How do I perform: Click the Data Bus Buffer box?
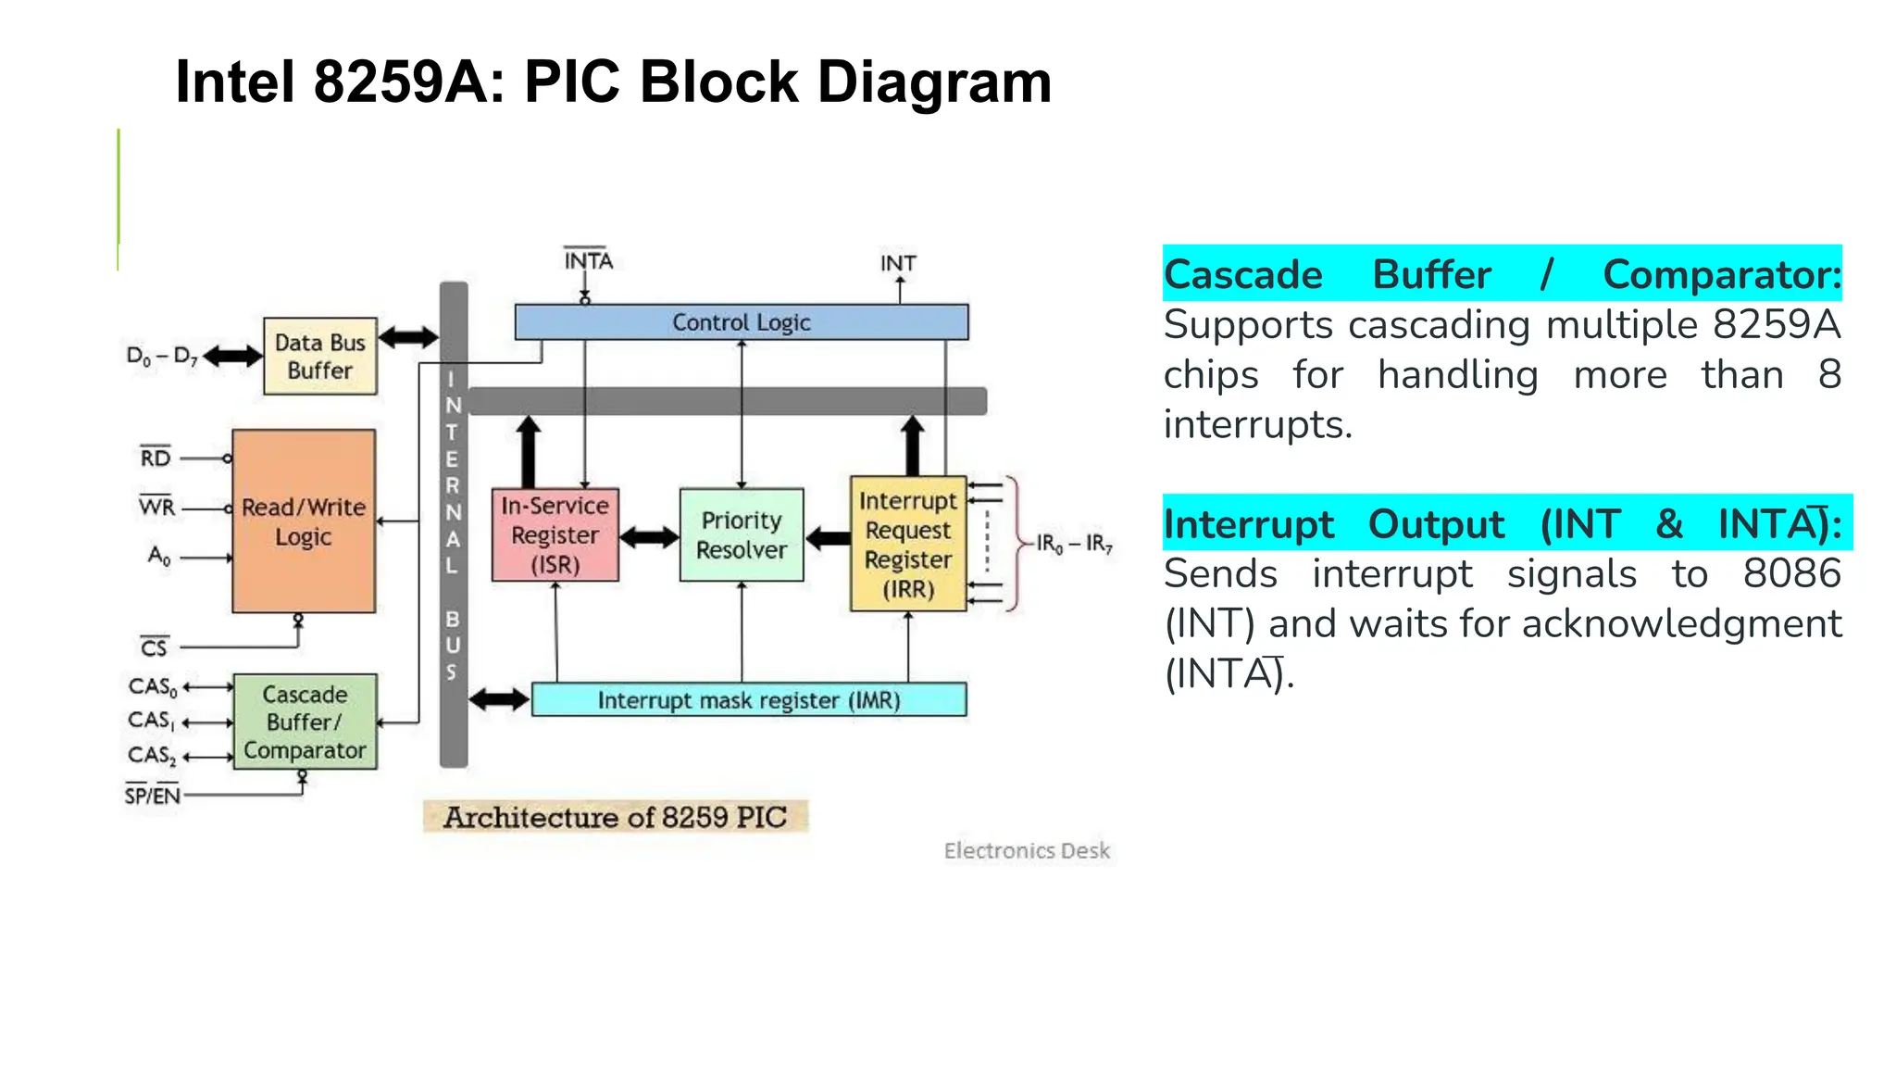(x=319, y=357)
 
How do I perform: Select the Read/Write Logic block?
(x=304, y=521)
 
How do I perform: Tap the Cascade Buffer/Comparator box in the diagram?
(x=305, y=722)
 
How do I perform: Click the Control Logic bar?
(x=741, y=322)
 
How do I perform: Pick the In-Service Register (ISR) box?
(x=555, y=535)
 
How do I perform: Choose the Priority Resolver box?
(x=741, y=535)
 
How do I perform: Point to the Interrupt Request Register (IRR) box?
(x=907, y=545)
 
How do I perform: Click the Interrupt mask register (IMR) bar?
(x=748, y=700)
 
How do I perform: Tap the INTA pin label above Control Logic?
(x=588, y=261)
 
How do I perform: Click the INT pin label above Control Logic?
(x=897, y=264)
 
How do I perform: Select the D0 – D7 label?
(x=162, y=357)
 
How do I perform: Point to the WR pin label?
(x=156, y=508)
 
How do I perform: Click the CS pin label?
(x=154, y=647)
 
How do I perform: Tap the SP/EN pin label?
(x=153, y=796)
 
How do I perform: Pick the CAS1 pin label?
(x=151, y=722)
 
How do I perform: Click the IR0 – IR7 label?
(x=1074, y=544)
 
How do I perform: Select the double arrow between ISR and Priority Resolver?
(x=649, y=536)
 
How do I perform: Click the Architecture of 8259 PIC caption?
(x=615, y=817)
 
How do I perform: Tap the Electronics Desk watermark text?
(x=1026, y=850)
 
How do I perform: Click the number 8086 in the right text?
(x=1791, y=574)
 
